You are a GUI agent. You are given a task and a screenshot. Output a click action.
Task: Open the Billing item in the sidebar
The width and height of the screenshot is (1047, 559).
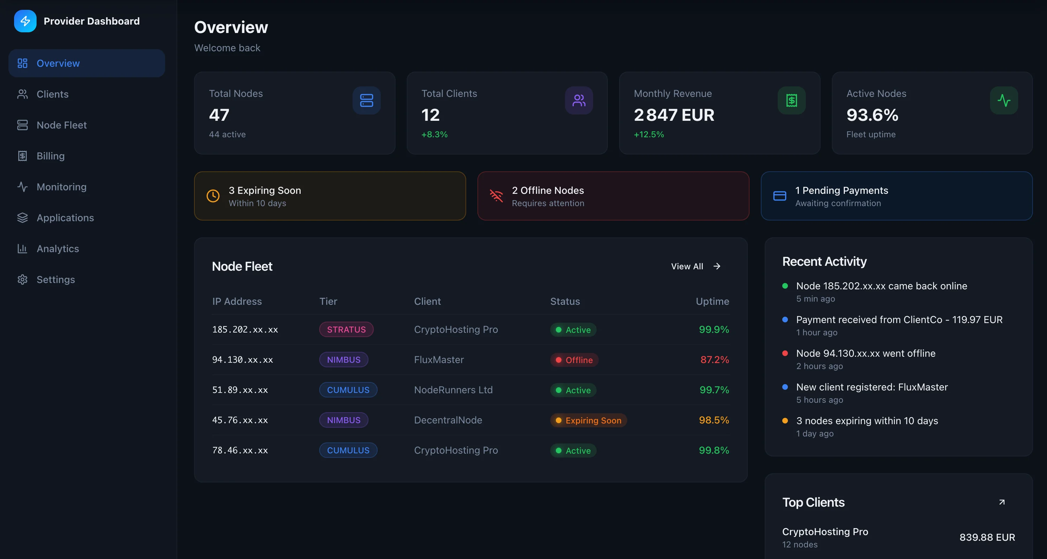click(x=50, y=156)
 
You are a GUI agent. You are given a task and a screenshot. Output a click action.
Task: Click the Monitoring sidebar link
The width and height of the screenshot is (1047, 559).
click(x=62, y=187)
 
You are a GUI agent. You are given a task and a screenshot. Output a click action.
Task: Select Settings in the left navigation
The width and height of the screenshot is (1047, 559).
click(x=56, y=279)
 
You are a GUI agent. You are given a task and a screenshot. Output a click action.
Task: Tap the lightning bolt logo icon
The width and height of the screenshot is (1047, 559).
click(x=25, y=21)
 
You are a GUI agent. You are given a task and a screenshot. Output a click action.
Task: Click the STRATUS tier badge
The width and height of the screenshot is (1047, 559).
click(x=346, y=330)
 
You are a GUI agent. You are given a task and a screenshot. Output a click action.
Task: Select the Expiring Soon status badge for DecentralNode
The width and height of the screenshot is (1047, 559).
click(x=589, y=421)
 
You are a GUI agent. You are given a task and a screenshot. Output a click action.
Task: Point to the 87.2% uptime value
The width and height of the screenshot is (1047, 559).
click(x=714, y=360)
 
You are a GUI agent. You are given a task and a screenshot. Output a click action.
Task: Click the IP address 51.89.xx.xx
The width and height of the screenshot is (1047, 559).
click(x=240, y=390)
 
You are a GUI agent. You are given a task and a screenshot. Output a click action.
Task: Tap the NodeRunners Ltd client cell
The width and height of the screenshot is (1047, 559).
click(x=453, y=390)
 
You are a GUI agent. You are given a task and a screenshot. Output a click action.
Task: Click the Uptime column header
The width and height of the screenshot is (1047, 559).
click(x=712, y=301)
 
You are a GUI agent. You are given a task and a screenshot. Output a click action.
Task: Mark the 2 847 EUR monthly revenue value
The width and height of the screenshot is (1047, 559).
click(x=674, y=115)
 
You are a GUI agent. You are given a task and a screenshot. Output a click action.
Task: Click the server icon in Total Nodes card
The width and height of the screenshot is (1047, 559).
click(x=366, y=100)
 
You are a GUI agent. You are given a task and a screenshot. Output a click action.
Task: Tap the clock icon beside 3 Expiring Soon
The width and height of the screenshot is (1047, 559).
click(x=213, y=196)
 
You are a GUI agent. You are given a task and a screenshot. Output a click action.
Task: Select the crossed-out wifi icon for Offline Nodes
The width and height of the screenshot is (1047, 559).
click(x=496, y=196)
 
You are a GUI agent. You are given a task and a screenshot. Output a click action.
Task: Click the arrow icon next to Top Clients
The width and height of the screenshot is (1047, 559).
click(x=1002, y=502)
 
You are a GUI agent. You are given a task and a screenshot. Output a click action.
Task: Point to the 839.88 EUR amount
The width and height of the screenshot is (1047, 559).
click(x=987, y=538)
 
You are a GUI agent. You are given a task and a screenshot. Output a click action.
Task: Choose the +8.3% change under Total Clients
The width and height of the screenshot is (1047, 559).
click(x=434, y=134)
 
